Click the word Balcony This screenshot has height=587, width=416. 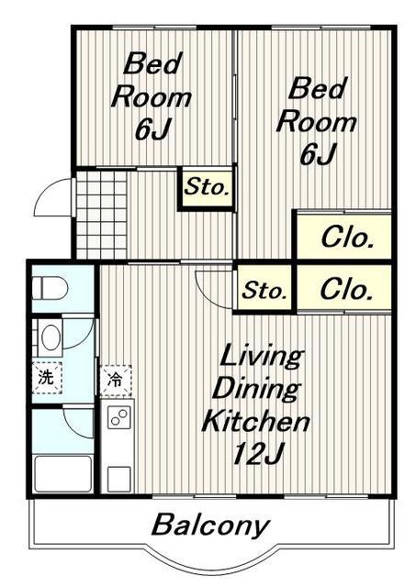[210, 526]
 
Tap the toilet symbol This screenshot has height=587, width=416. [50, 287]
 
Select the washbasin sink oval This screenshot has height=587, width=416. [51, 337]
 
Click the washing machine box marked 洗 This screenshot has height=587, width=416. [47, 378]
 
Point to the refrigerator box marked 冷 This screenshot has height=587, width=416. [116, 381]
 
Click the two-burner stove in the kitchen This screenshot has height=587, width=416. [119, 417]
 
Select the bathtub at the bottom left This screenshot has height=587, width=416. [63, 473]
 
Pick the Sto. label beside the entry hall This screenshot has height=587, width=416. [207, 186]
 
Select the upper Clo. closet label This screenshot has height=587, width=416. [347, 238]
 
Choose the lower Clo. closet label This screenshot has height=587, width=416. [347, 289]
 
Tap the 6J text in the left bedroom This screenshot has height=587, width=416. [153, 129]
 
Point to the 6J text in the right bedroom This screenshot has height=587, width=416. [318, 154]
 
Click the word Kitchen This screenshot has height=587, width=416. [256, 421]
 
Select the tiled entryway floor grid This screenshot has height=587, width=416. [102, 215]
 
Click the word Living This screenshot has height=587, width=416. [261, 356]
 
